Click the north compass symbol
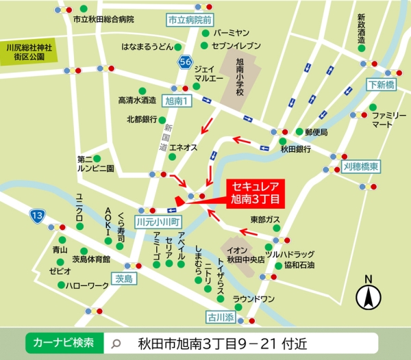369,295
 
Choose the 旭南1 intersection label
179,101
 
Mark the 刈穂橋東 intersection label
361,166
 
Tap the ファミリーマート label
387,121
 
